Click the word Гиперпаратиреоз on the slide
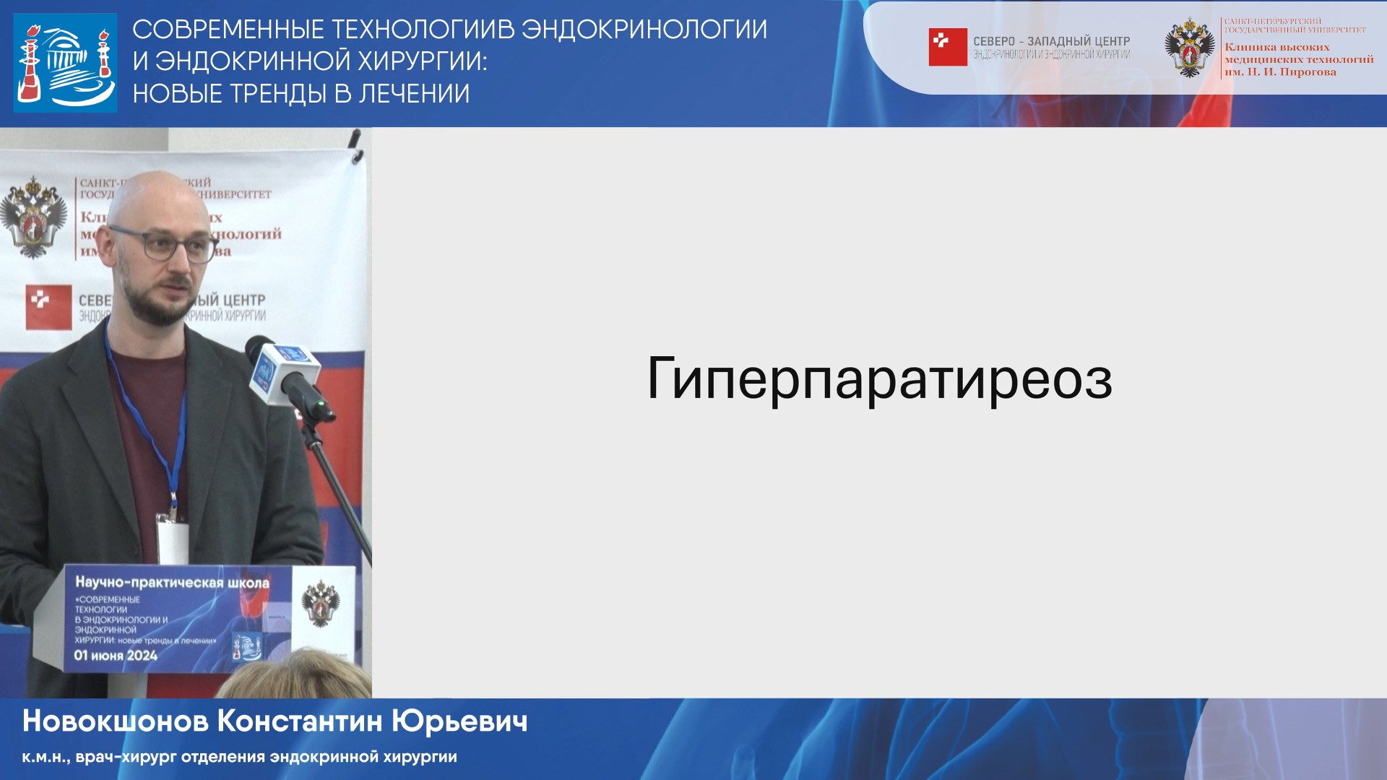pyautogui.click(x=878, y=378)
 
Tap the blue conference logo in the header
pyautogui.click(x=65, y=63)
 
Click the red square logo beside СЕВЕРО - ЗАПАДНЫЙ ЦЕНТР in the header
pyautogui.click(x=947, y=47)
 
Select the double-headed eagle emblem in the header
pyautogui.click(x=1189, y=48)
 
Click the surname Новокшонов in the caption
pyautogui.click(x=116, y=721)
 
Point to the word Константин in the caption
pyautogui.click(x=300, y=721)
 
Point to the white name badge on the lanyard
pyautogui.click(x=173, y=542)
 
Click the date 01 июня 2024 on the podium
pyautogui.click(x=116, y=656)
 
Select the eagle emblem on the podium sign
pyautogui.click(x=321, y=603)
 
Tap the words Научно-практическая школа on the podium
pyautogui.click(x=172, y=582)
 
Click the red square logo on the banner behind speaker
pyautogui.click(x=48, y=307)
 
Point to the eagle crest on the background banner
pyautogui.click(x=33, y=217)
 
